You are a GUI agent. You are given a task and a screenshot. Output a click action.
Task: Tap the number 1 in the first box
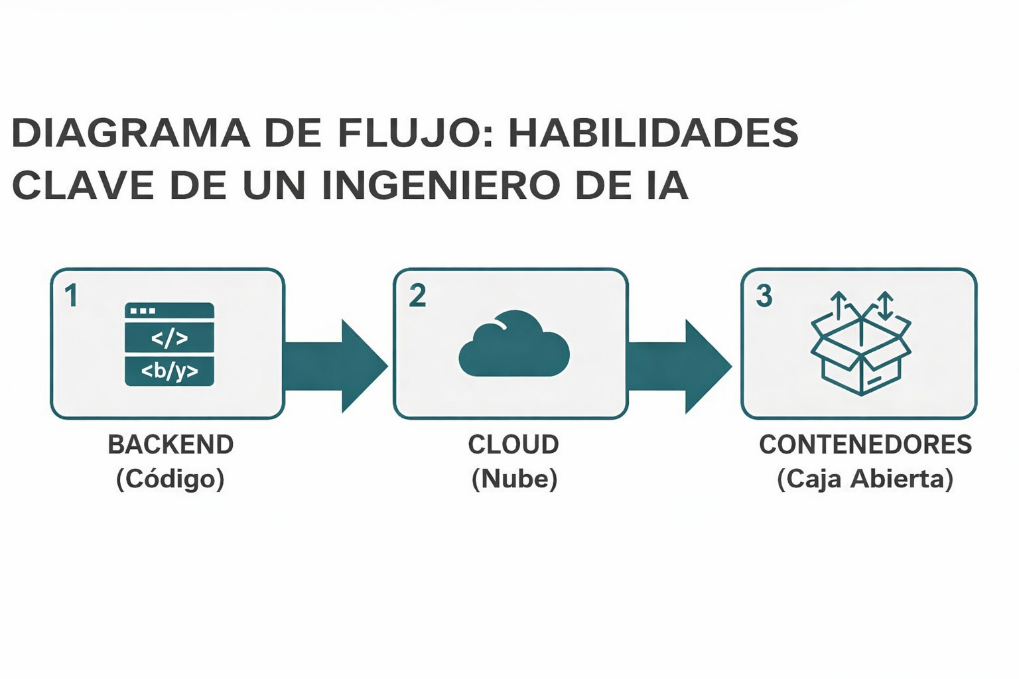pyautogui.click(x=72, y=296)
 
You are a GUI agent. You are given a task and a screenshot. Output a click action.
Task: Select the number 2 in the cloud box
pyautogui.click(x=417, y=296)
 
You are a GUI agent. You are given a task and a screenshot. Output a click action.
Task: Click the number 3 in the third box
pyautogui.click(x=764, y=296)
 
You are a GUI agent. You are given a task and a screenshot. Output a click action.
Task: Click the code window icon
pyautogui.click(x=169, y=344)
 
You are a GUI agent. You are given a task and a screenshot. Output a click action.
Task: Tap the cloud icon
pyautogui.click(x=513, y=344)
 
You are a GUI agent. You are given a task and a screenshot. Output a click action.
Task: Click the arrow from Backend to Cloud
pyautogui.click(x=335, y=365)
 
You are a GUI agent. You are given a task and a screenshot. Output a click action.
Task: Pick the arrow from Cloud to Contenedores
pyautogui.click(x=679, y=365)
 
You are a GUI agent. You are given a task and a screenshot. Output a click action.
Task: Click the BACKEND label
pyautogui.click(x=170, y=445)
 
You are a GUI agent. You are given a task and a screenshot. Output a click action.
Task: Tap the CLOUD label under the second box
pyautogui.click(x=513, y=445)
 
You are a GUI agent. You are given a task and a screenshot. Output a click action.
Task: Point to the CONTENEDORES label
pyautogui.click(x=865, y=445)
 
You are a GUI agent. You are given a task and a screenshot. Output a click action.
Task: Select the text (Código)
pyautogui.click(x=170, y=479)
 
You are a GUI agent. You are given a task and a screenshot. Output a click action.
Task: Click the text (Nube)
pyautogui.click(x=514, y=479)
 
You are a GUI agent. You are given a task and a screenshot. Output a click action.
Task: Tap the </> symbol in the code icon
pyautogui.click(x=169, y=339)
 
